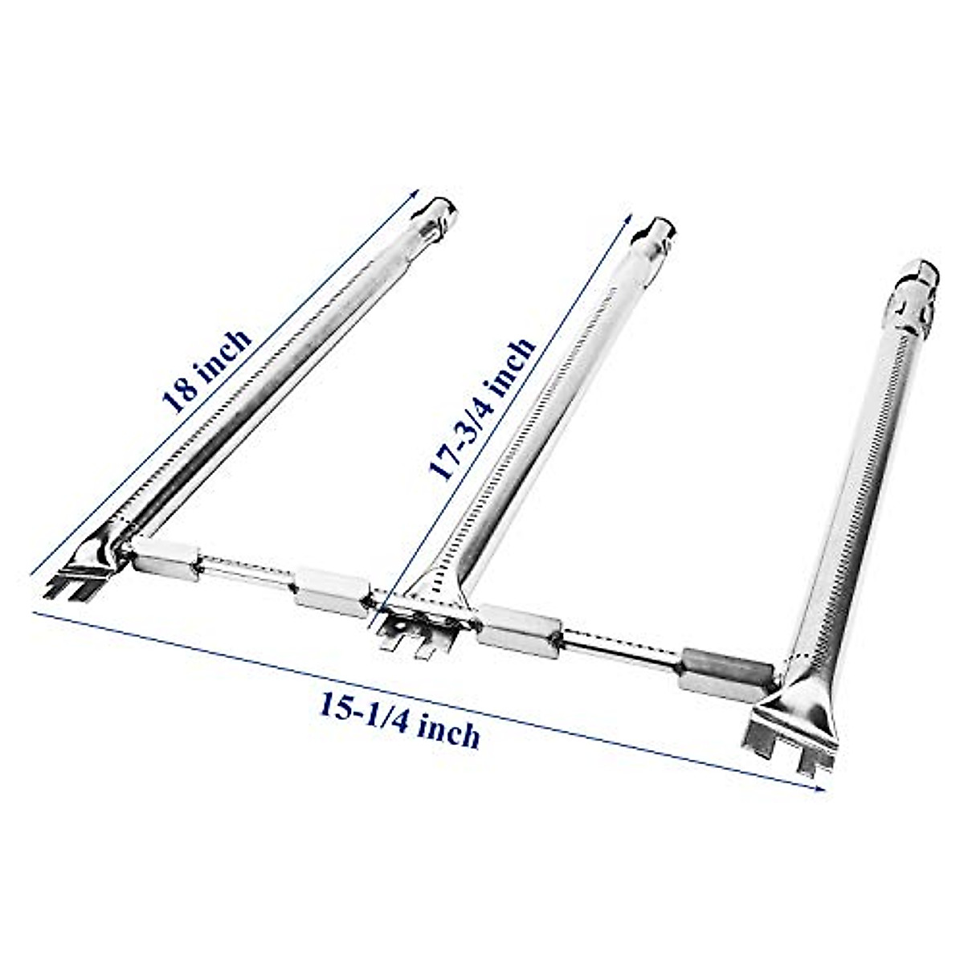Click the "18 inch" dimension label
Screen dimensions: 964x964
click(207, 368)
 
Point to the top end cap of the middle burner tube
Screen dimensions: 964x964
click(659, 233)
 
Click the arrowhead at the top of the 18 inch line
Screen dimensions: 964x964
click(416, 193)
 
